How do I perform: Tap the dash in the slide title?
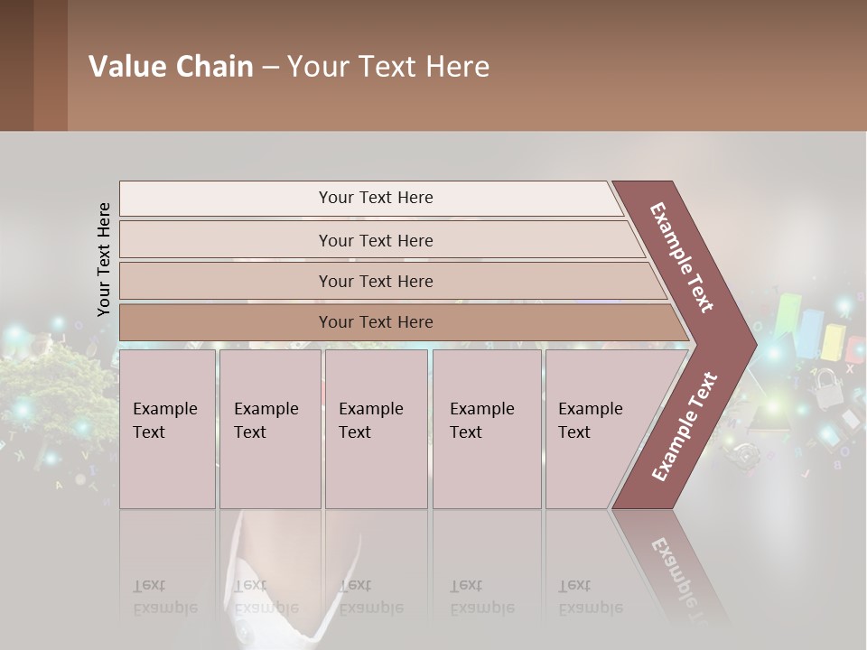[270, 68]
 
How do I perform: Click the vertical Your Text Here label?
[104, 259]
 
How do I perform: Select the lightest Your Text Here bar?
[375, 198]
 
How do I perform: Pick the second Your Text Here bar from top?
[375, 240]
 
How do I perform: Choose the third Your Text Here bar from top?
[375, 281]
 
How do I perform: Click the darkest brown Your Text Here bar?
[375, 322]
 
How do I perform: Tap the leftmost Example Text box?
[167, 429]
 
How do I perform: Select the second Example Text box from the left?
[269, 429]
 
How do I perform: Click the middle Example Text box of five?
[376, 429]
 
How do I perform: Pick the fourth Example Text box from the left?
[486, 429]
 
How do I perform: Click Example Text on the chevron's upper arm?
[682, 257]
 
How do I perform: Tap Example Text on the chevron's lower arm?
[684, 427]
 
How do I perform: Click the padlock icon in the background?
[825, 391]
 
